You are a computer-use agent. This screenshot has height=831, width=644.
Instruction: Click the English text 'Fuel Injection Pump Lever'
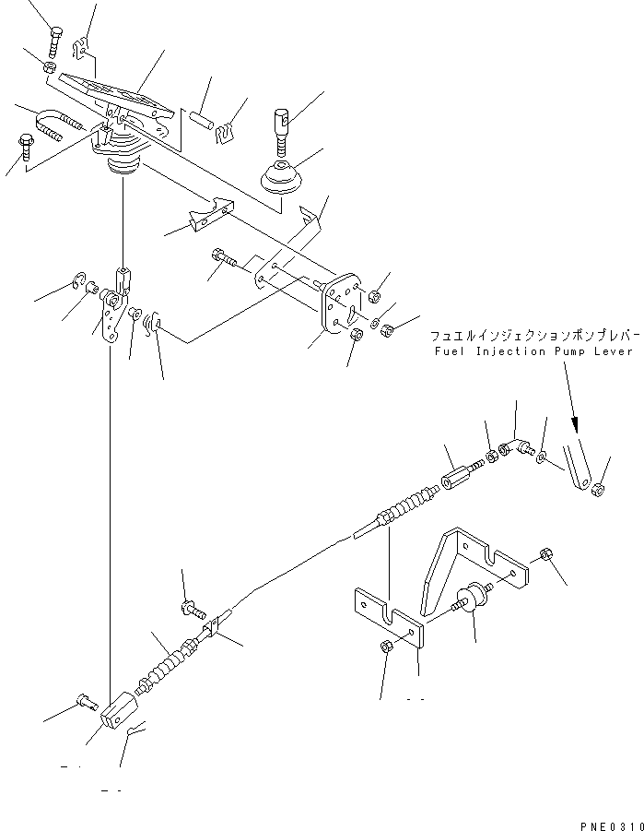click(x=531, y=351)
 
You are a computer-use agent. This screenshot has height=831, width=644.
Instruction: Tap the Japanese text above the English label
click(x=533, y=336)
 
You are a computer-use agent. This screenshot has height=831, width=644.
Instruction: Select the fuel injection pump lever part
click(x=578, y=466)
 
